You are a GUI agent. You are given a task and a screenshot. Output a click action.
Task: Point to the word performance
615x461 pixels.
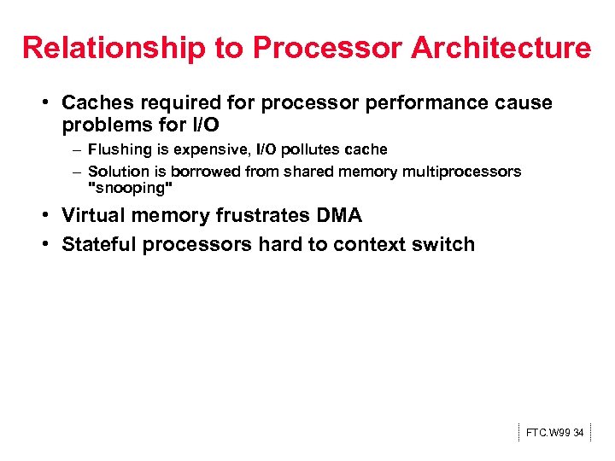coord(422,103)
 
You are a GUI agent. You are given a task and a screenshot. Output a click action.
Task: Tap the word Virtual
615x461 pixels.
coord(94,216)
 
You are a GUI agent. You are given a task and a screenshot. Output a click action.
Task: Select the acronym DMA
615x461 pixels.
coord(339,216)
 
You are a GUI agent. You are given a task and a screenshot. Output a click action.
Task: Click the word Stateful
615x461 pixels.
coord(99,244)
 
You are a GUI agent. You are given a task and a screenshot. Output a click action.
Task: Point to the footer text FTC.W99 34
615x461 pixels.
coord(554,433)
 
